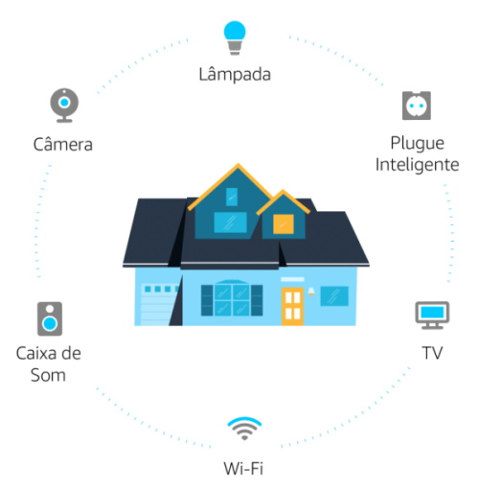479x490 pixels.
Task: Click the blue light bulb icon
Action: coord(235,37)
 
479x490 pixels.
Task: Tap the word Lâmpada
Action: coord(235,75)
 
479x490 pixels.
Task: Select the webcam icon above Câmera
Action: coord(64,105)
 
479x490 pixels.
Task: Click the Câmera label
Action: coord(63,145)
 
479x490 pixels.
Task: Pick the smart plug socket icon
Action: coord(417,105)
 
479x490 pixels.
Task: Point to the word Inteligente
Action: coord(417,165)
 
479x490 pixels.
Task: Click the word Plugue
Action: coord(418,143)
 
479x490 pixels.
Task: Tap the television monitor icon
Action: coord(432,315)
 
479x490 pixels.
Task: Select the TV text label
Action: coord(432,353)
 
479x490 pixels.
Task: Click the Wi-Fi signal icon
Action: coord(244,429)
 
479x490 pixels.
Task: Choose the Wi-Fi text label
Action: coord(243,469)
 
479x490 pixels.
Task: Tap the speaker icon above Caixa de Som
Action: coord(50,318)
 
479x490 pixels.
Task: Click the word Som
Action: coord(48,375)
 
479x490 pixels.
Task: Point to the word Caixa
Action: coord(34,354)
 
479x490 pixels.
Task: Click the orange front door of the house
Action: coord(292,306)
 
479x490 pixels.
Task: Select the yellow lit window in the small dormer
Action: coord(284,223)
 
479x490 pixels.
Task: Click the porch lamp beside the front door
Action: coord(311,292)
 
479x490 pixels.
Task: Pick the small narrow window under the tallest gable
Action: coord(232,197)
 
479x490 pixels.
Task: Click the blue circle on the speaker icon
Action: coord(50,324)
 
